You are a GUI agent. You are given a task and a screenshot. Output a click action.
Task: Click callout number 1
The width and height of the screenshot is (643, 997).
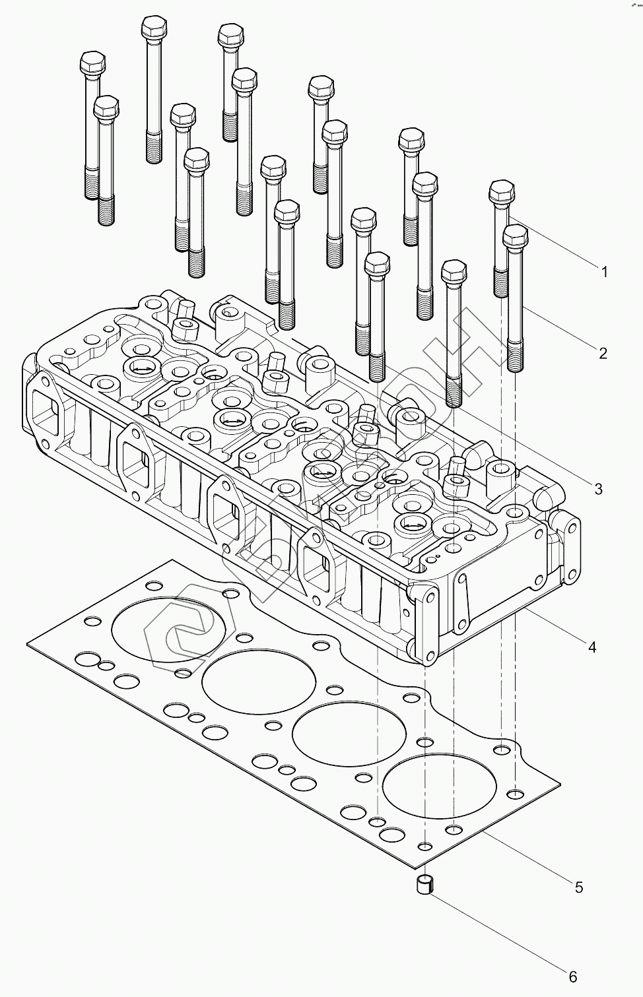point(603,271)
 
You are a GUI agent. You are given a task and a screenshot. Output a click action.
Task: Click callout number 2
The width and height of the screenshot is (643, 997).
point(603,353)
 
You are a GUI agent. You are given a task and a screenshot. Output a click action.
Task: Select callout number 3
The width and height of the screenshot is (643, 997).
point(598,489)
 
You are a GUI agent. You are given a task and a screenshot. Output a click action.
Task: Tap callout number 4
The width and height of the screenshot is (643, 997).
point(592,647)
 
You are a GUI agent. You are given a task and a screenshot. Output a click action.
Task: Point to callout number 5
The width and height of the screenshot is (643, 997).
point(579,887)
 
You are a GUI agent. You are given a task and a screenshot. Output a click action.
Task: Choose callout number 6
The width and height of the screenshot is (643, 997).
point(573,976)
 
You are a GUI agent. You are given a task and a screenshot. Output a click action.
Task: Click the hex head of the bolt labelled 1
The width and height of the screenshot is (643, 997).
point(502,193)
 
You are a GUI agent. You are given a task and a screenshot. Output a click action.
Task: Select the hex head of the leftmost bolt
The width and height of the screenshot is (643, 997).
point(91,64)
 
